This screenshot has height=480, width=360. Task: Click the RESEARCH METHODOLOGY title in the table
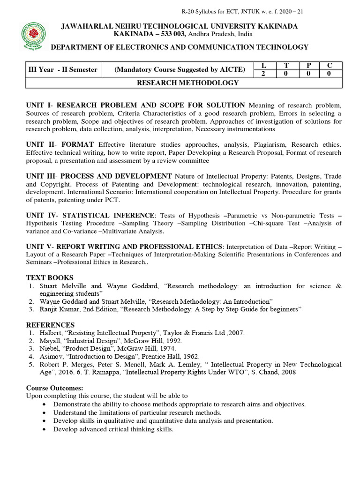point(187,83)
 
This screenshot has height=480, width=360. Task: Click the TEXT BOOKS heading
point(50,277)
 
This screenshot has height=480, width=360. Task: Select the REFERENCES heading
point(50,325)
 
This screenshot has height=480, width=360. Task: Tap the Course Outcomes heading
point(54,388)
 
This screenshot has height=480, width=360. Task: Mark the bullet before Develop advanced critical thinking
point(44,429)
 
